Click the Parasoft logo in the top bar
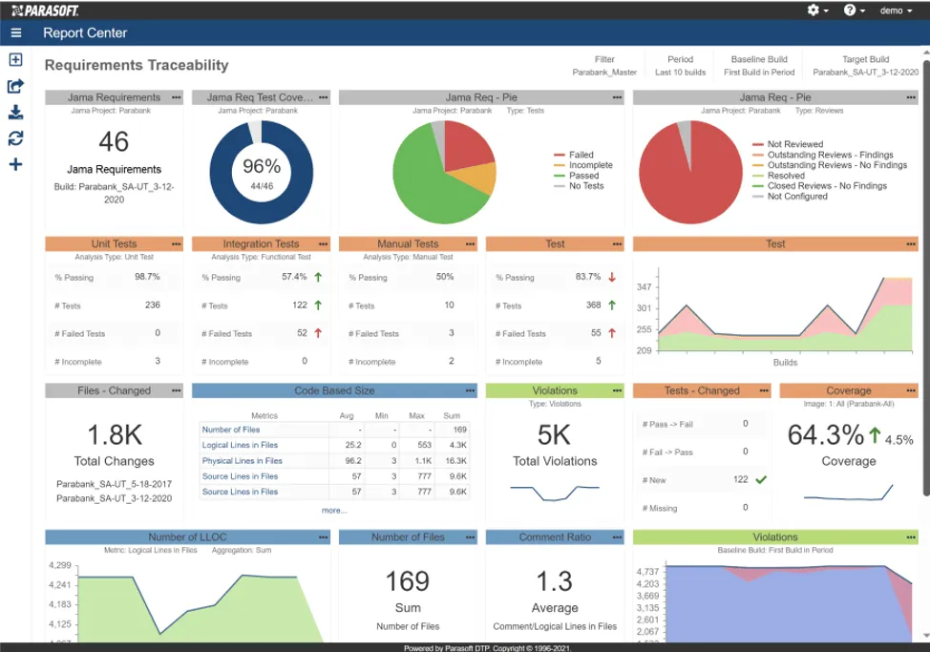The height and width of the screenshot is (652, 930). coord(45,10)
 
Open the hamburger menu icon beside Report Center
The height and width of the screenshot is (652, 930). coord(16,33)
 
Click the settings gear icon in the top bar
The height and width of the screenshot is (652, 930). coord(814,10)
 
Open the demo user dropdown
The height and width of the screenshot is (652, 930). coord(895,11)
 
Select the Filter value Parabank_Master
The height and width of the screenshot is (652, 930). coord(604,73)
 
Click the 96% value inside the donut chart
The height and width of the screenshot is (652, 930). coord(262,165)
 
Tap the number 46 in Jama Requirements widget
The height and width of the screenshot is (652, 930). coord(114,142)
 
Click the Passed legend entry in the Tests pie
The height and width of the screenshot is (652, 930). coord(583,176)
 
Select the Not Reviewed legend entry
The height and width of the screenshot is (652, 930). coord(794,144)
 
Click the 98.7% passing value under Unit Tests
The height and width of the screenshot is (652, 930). coord(147,277)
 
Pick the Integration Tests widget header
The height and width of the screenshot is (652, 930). coord(261,244)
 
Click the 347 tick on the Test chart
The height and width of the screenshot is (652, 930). coord(644,287)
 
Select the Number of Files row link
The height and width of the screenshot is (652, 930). coord(230,430)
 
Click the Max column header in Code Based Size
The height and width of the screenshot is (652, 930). coord(415,416)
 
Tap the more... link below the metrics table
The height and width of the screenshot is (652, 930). coord(334,510)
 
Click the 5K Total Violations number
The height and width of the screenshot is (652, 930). coord(555,435)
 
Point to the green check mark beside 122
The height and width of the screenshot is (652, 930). coord(761,479)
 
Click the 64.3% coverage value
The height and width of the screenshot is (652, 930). coord(825,435)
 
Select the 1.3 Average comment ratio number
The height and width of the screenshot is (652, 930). coord(555,581)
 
